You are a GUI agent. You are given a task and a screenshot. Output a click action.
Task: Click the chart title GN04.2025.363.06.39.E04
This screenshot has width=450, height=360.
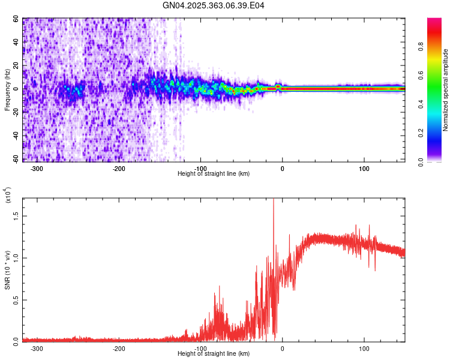pyautogui.click(x=214, y=5)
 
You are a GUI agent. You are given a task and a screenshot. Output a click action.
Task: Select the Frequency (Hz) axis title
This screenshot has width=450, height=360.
pyautogui.click(x=8, y=89)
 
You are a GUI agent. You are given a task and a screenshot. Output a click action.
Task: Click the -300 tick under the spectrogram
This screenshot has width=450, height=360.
pyautogui.click(x=37, y=168)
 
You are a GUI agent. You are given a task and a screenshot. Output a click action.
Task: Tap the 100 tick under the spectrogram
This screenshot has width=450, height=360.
pyautogui.click(x=364, y=168)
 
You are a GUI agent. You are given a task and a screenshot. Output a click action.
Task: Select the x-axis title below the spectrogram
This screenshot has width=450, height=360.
pyautogui.click(x=214, y=174)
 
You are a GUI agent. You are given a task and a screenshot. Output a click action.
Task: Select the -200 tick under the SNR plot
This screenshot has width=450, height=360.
pyautogui.click(x=118, y=348)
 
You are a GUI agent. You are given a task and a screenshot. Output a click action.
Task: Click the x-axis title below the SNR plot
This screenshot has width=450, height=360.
pyautogui.click(x=214, y=354)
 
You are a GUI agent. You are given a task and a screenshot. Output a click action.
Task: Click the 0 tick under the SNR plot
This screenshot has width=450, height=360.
pyautogui.click(x=282, y=348)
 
